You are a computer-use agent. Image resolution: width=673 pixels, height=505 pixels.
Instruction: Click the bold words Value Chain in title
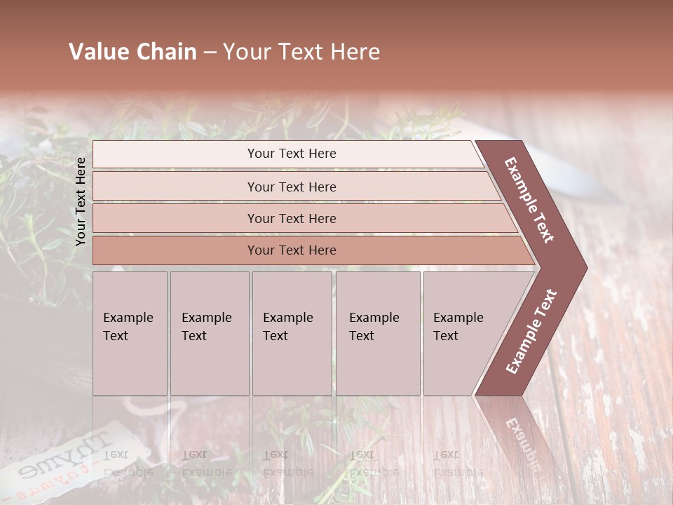tap(132, 52)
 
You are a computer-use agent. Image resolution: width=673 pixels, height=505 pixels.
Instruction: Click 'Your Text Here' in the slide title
tap(301, 52)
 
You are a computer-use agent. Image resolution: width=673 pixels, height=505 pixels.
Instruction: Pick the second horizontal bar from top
tap(291, 187)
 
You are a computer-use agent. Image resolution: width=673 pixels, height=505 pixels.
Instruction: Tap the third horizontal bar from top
tap(291, 218)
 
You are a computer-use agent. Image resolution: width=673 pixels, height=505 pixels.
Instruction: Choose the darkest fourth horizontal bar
tap(291, 250)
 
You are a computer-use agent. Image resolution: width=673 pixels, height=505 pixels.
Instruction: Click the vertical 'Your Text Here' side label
tap(81, 201)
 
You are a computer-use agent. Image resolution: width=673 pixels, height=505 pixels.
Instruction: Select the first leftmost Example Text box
tap(130, 333)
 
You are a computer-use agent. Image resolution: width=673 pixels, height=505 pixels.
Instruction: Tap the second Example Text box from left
tap(209, 333)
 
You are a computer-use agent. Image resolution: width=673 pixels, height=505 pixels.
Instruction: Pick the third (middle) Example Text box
tap(292, 333)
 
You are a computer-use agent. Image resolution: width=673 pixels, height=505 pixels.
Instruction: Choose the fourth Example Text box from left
tap(377, 333)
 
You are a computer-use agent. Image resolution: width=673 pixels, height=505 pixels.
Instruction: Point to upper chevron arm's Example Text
tap(529, 200)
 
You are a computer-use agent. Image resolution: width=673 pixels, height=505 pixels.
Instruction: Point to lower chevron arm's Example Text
tap(531, 331)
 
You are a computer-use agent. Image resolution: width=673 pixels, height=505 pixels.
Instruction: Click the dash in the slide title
tap(210, 53)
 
